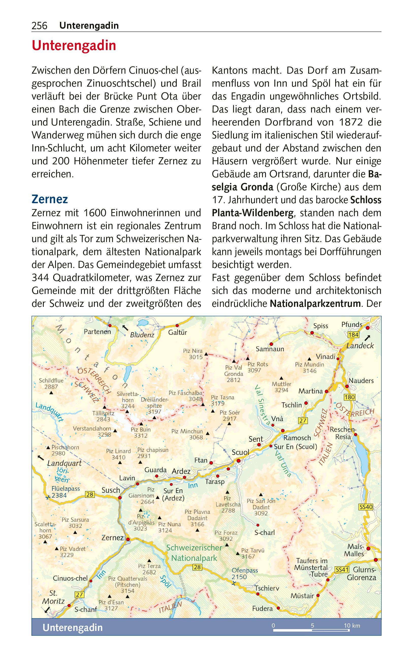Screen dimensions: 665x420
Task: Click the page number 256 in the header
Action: coord(40,26)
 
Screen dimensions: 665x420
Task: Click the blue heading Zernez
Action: coord(50,199)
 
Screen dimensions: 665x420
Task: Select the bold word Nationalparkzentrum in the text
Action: coord(315,304)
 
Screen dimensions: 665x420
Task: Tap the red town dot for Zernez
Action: coord(128,539)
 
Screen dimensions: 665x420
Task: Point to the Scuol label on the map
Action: coord(240,452)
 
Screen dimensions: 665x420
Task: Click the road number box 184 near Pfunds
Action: coord(353,335)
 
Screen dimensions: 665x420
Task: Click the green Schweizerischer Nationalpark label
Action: coord(194,553)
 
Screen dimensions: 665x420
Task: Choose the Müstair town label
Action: coord(302,596)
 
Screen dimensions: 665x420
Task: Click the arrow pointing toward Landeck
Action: coord(367,338)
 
